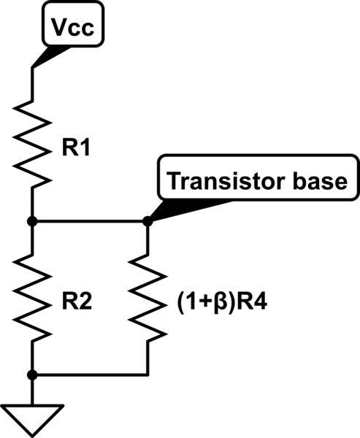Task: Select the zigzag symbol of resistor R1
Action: (32, 142)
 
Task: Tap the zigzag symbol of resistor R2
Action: (32, 297)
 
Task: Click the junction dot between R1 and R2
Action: (32, 220)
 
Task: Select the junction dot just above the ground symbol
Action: (32, 375)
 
